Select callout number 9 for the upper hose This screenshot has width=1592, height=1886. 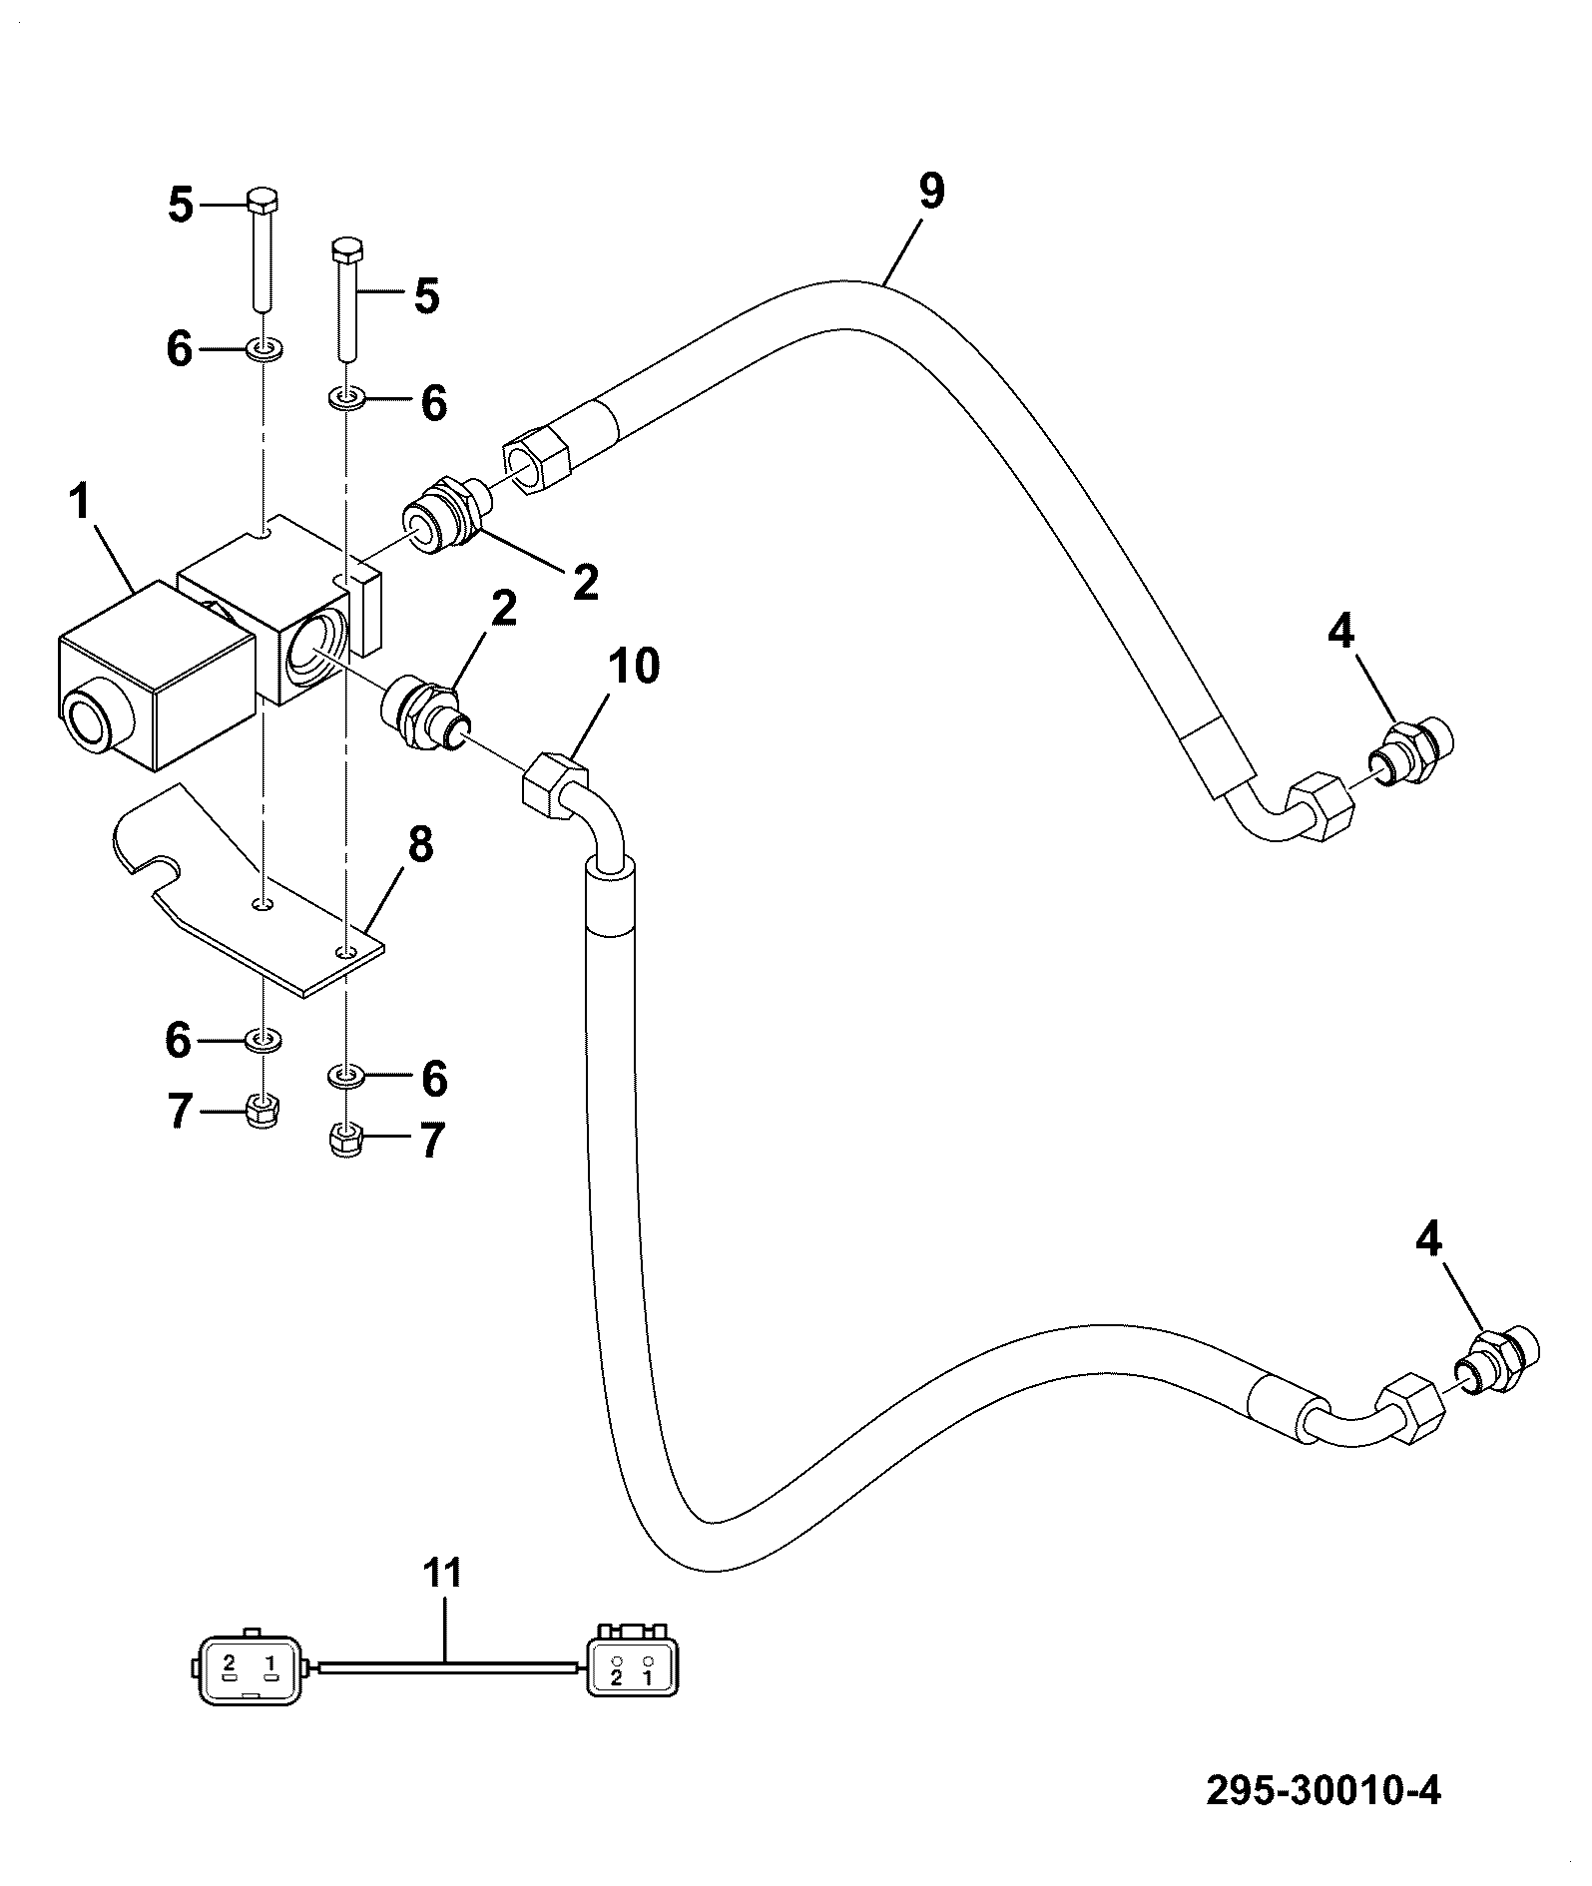click(x=930, y=192)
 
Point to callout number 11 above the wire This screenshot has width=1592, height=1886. click(x=442, y=1574)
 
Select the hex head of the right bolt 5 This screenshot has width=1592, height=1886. click(x=346, y=248)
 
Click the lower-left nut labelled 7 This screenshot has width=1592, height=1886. click(x=263, y=1110)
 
